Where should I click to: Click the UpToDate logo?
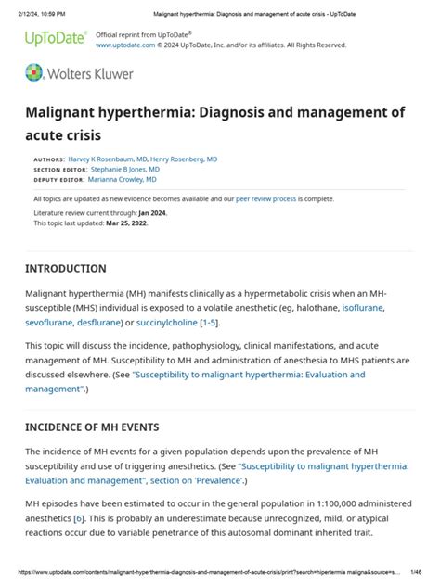tap(55, 38)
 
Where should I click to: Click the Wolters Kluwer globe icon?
tap(34, 73)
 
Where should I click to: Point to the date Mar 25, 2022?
tap(127, 223)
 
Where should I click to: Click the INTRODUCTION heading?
tap(66, 269)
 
